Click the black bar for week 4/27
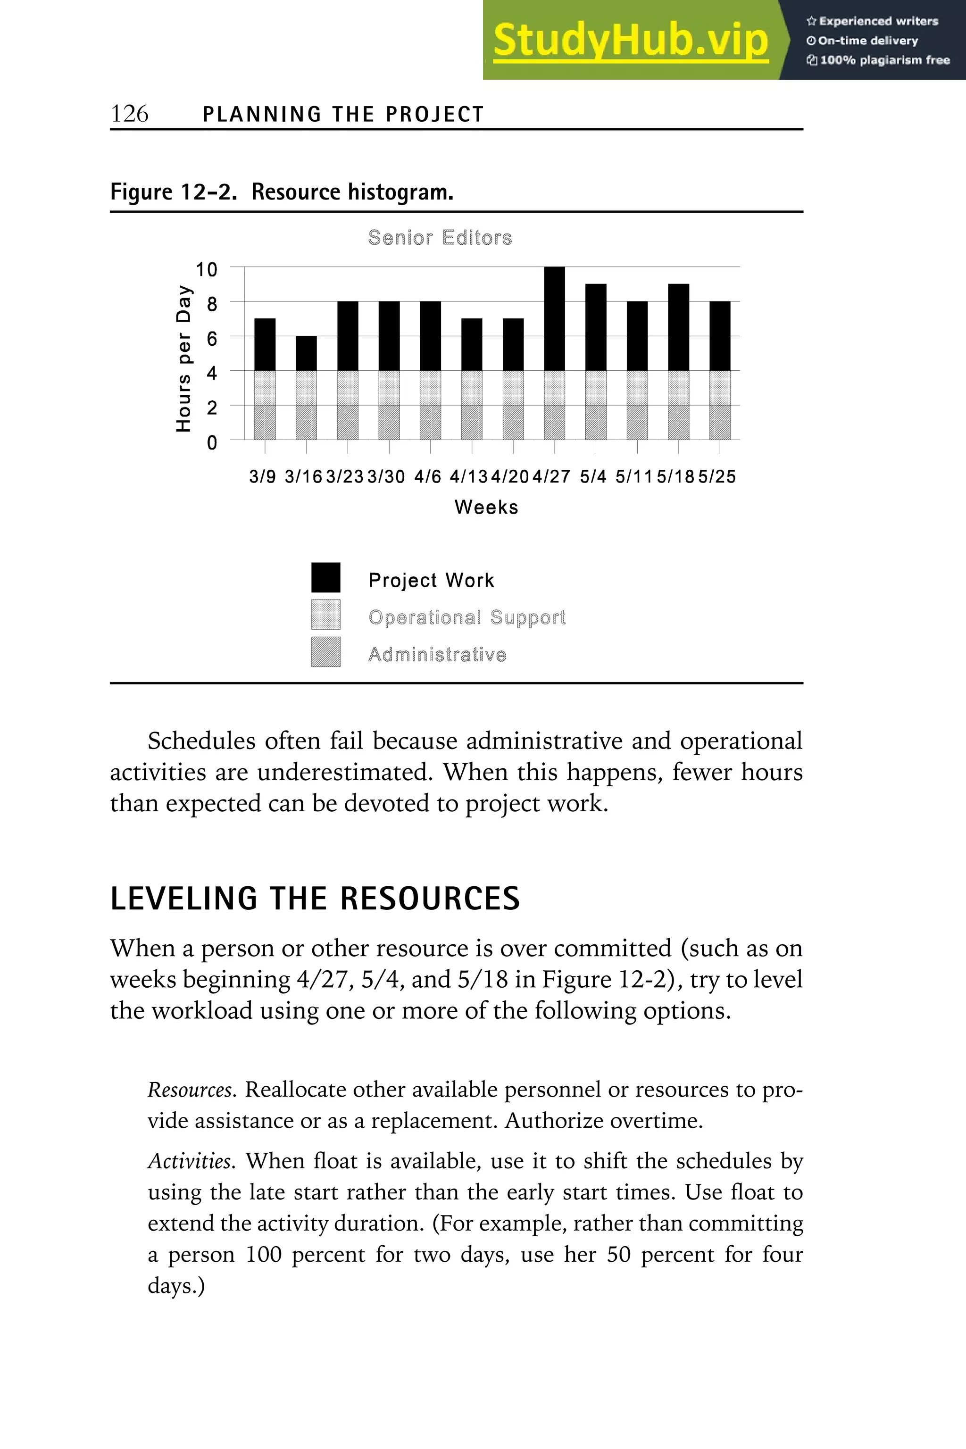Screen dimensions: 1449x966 click(555, 318)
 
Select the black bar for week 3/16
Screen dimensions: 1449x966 click(306, 353)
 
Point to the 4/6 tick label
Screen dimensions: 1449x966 click(427, 476)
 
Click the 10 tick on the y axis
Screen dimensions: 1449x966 click(207, 269)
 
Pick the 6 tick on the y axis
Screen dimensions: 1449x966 click(212, 338)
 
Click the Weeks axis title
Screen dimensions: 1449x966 click(486, 507)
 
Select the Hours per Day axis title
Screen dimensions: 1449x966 click(183, 358)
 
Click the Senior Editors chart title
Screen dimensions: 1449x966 click(440, 238)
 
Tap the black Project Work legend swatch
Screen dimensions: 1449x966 click(325, 577)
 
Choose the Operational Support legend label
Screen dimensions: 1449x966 click(466, 617)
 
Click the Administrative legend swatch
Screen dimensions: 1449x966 click(325, 652)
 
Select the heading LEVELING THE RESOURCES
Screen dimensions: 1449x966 click(315, 898)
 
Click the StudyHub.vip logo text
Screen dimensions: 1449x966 click(630, 41)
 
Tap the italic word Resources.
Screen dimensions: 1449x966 click(191, 1090)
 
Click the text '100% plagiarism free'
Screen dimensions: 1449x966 click(885, 60)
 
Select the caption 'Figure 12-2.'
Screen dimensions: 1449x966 click(173, 192)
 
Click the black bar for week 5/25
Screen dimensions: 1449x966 click(720, 336)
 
